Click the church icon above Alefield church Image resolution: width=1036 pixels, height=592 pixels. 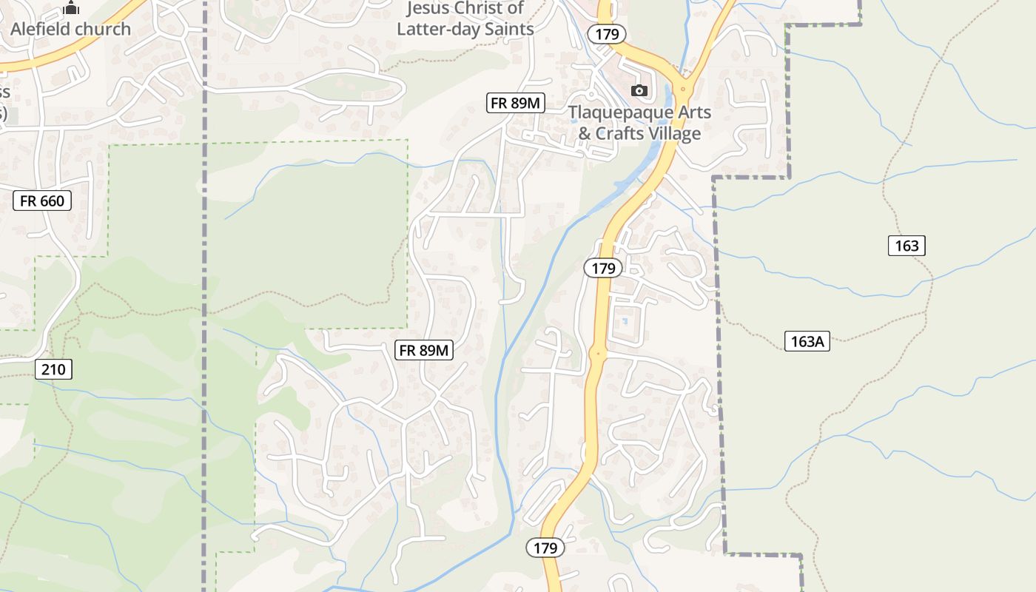71,8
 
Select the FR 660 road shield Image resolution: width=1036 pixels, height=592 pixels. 42,201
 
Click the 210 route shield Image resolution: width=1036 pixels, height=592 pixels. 53,369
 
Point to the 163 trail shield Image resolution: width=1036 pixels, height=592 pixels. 906,246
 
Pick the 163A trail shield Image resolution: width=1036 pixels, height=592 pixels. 807,341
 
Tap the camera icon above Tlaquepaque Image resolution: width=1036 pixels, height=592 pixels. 639,91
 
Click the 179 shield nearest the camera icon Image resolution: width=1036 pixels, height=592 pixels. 607,33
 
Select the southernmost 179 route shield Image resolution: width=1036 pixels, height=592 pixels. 545,548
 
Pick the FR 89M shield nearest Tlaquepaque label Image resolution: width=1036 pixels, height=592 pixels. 515,104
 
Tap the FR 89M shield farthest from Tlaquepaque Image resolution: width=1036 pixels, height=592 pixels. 424,351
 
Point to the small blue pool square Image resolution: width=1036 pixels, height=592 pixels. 625,321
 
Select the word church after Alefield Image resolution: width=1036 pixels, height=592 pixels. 108,30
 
